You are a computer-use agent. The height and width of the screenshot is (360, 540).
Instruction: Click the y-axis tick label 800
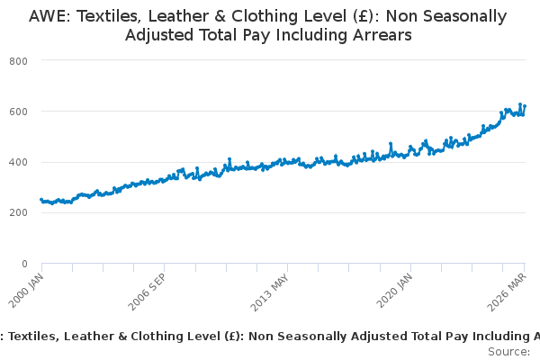(18, 61)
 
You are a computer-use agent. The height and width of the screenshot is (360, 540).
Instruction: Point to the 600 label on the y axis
(18, 112)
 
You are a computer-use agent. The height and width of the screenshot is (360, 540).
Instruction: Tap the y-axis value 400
(18, 162)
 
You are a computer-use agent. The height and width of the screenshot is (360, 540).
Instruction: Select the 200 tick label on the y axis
(18, 212)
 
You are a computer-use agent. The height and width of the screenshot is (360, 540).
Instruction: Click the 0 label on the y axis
(24, 264)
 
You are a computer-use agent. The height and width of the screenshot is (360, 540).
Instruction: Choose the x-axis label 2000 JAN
(26, 291)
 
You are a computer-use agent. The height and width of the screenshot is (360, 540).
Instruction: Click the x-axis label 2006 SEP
(147, 292)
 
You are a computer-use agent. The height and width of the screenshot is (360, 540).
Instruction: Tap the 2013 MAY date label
(269, 292)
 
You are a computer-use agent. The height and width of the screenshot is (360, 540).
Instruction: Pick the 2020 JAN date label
(394, 291)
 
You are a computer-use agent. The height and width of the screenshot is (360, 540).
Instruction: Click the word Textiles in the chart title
(108, 16)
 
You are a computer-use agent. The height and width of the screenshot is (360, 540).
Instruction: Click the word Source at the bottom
(508, 352)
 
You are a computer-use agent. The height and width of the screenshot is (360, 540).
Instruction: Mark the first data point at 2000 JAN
(41, 200)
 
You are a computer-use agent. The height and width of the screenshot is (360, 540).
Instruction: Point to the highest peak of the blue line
(520, 104)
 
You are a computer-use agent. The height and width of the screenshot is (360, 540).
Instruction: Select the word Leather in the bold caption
(88, 337)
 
